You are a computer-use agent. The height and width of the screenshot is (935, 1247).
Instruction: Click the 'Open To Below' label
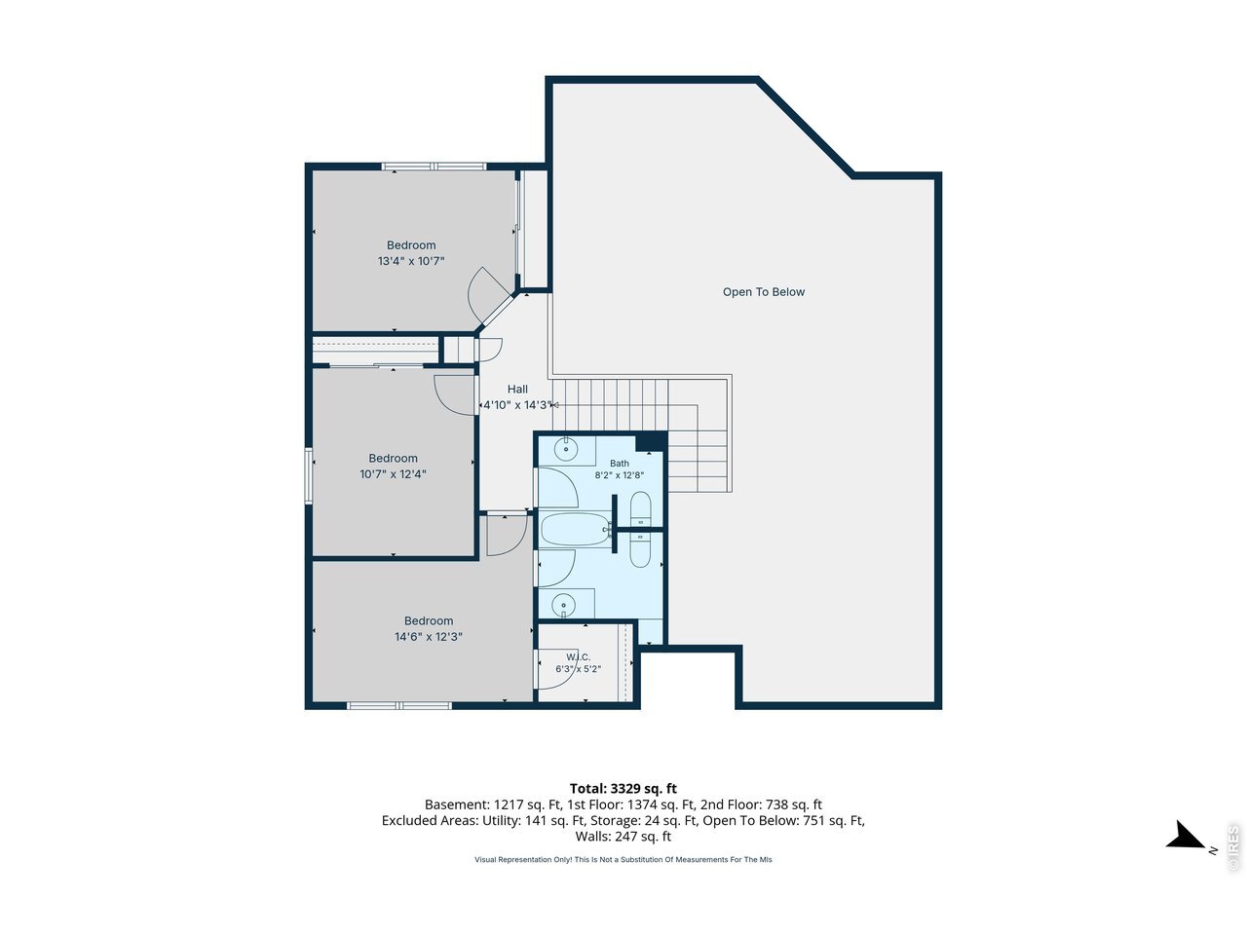pos(763,292)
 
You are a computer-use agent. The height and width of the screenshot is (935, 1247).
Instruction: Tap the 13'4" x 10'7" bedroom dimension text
pos(411,261)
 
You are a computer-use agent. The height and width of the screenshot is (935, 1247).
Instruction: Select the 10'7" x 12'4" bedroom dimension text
pos(393,474)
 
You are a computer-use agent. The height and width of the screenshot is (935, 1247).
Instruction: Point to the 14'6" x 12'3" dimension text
pos(429,636)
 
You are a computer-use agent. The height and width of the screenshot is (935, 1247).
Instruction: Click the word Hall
pos(517,389)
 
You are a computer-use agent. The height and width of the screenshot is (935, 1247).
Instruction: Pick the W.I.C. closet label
pos(578,656)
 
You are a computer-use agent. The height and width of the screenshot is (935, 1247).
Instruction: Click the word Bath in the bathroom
pos(619,464)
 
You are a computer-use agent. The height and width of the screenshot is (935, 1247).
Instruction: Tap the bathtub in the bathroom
pos(576,530)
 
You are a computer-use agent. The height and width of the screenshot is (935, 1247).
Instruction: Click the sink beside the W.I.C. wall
pos(564,605)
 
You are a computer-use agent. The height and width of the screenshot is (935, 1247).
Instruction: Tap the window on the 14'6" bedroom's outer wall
pos(399,706)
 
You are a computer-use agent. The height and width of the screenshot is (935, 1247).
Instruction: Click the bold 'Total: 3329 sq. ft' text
pos(623,789)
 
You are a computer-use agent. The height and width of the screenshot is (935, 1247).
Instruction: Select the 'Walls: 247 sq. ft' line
pos(623,837)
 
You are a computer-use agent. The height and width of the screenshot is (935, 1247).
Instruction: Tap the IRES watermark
pos(1232,848)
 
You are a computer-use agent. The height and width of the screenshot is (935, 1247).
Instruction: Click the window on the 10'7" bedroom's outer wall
pos(309,475)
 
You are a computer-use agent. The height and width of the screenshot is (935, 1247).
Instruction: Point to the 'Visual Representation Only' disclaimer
pos(623,859)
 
